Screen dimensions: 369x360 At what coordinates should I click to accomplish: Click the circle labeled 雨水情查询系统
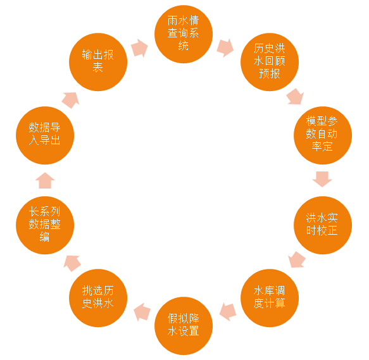184,34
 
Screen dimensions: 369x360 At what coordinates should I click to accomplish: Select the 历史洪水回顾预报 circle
270,62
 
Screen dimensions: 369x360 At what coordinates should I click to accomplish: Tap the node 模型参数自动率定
323,135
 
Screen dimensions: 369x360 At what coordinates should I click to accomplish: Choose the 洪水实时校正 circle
323,225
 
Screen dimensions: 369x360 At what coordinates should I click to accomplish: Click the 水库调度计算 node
270,298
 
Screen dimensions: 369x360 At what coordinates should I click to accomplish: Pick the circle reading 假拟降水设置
184,326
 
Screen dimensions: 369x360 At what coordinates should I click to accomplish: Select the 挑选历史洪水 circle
98,298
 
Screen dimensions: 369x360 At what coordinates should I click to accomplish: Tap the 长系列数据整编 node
45,225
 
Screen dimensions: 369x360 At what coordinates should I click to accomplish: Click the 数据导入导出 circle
45,135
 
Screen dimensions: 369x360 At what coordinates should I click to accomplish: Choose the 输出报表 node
98,62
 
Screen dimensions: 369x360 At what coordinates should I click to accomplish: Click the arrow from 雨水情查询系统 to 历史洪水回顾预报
225,47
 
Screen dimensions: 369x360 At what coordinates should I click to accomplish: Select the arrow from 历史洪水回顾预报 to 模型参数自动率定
296,96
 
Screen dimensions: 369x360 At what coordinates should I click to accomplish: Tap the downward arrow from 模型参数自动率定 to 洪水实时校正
322,179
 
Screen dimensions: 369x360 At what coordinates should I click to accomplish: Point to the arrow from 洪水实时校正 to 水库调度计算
297,259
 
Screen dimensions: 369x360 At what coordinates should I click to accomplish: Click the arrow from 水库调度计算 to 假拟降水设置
228,312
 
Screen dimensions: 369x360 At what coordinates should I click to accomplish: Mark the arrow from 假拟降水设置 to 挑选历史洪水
142,312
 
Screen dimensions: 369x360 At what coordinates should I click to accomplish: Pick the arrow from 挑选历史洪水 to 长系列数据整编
72,263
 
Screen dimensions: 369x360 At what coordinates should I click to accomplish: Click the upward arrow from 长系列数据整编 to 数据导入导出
45,180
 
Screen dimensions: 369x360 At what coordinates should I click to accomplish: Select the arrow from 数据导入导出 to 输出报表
70,100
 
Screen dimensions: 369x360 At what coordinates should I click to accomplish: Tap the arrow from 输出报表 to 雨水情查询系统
139,48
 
